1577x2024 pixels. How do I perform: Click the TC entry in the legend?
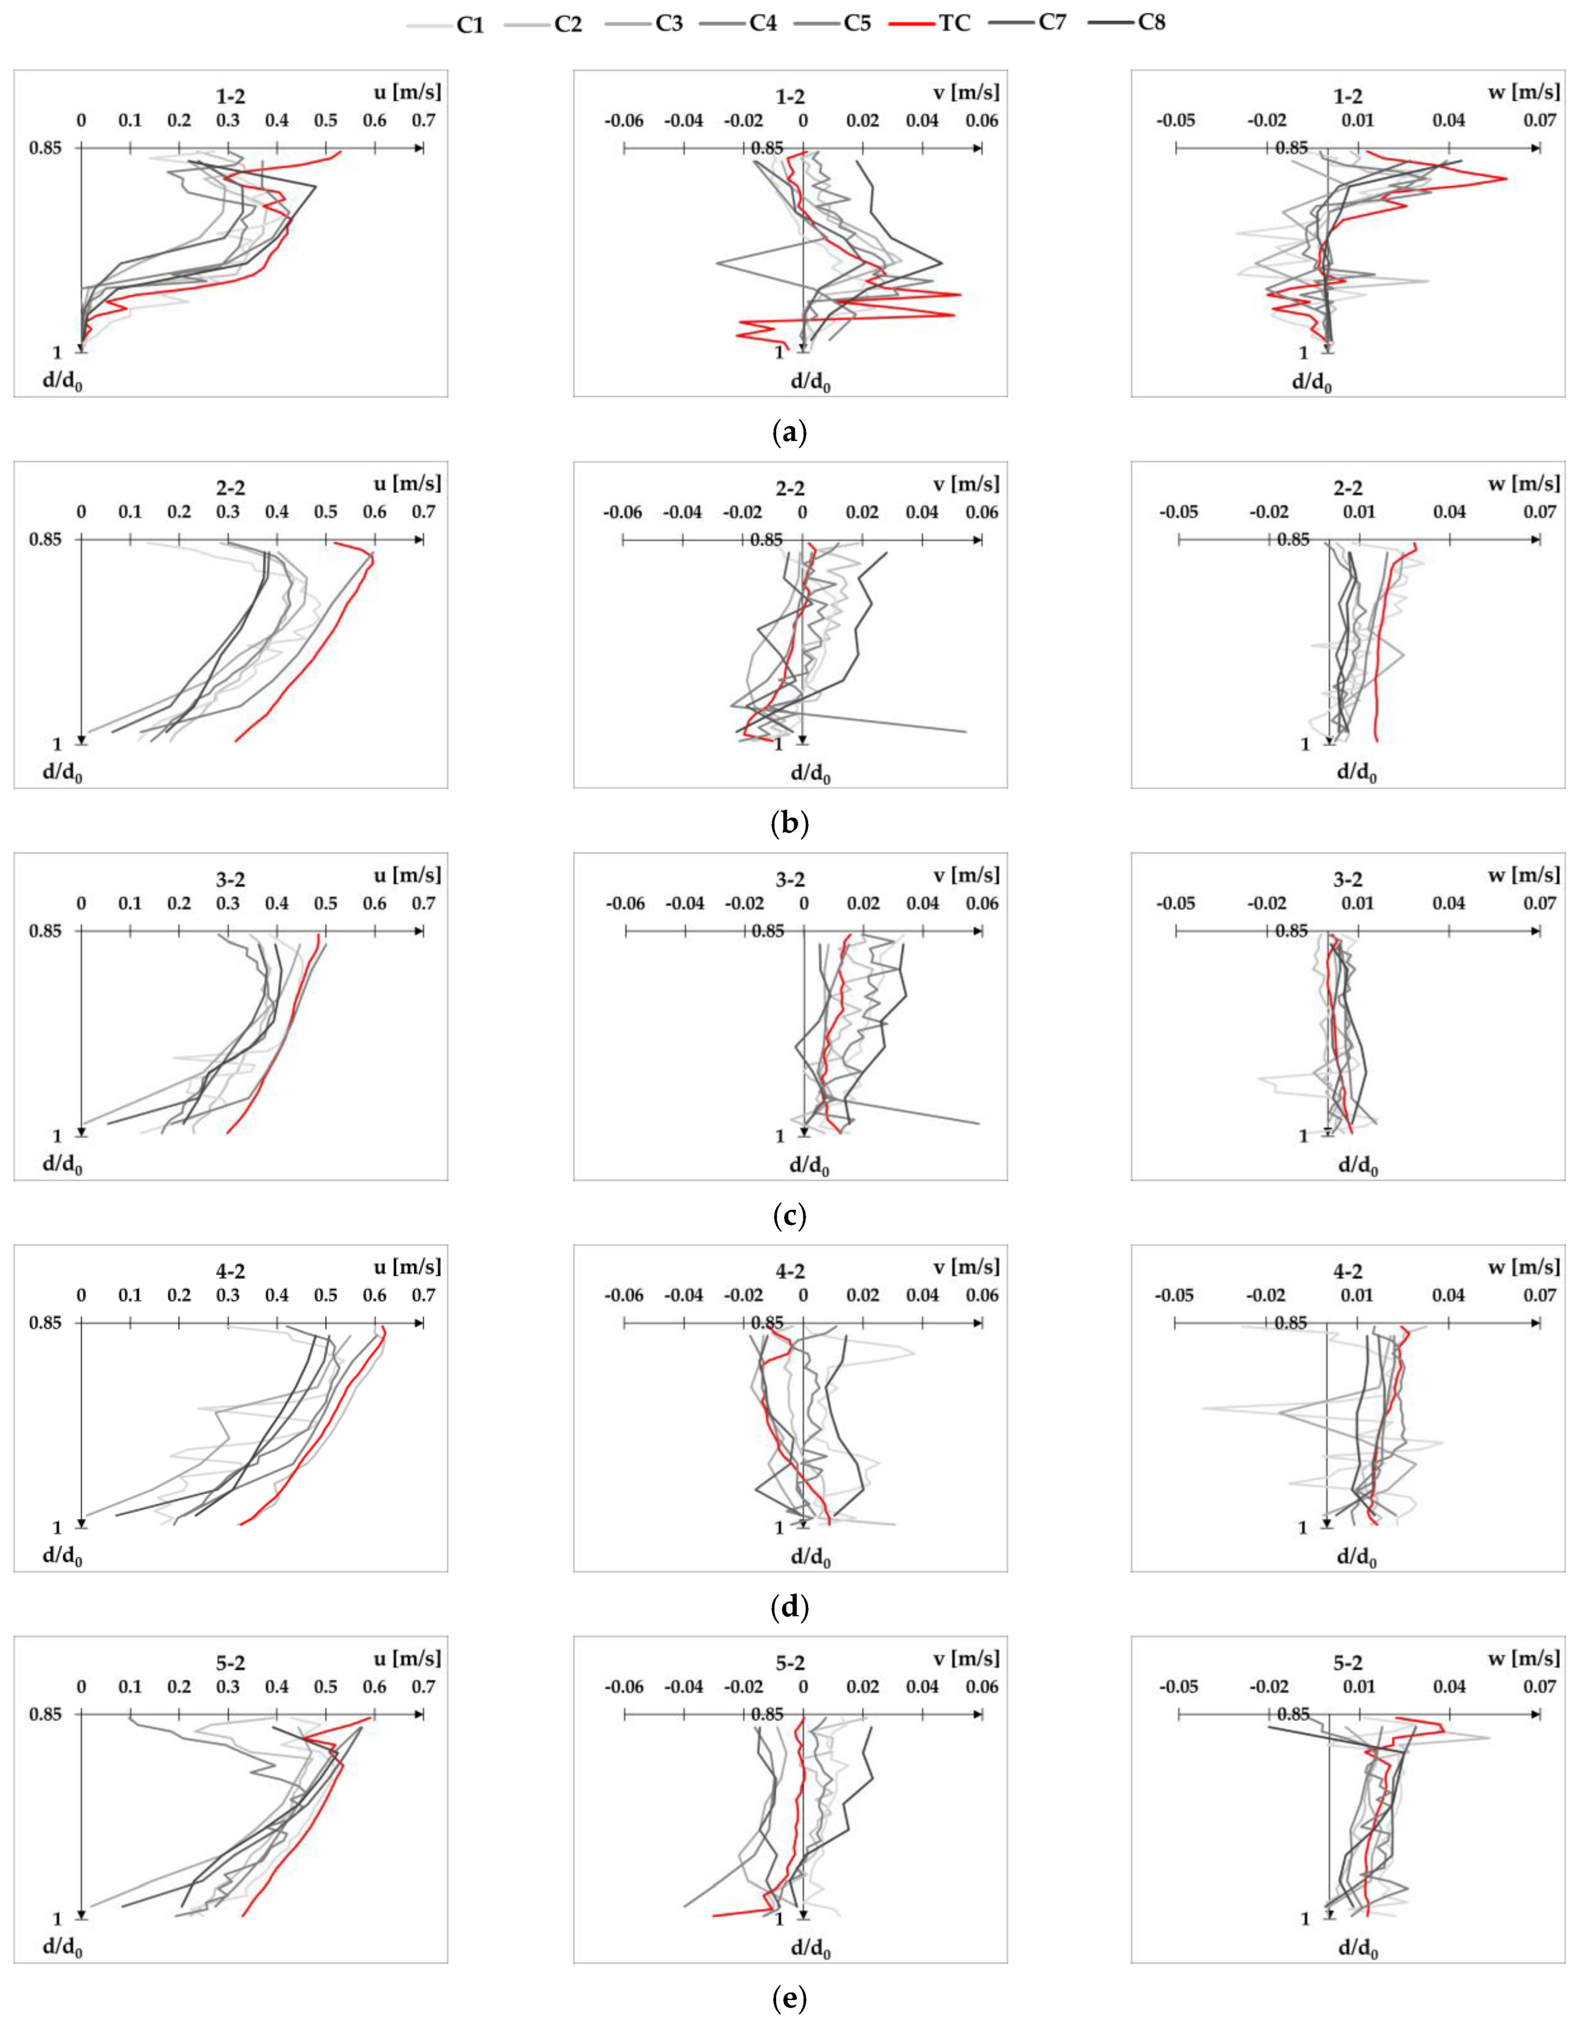tap(954, 23)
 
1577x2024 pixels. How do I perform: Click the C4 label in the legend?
tap(763, 23)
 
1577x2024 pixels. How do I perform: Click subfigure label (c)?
tap(789, 1215)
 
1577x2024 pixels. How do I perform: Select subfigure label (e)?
tap(789, 1998)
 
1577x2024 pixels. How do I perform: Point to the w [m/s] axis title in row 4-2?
tap(1524, 1267)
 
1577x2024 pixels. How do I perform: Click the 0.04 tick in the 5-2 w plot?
tap(1449, 1687)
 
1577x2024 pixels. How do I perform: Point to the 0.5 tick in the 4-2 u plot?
tap(326, 1296)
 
